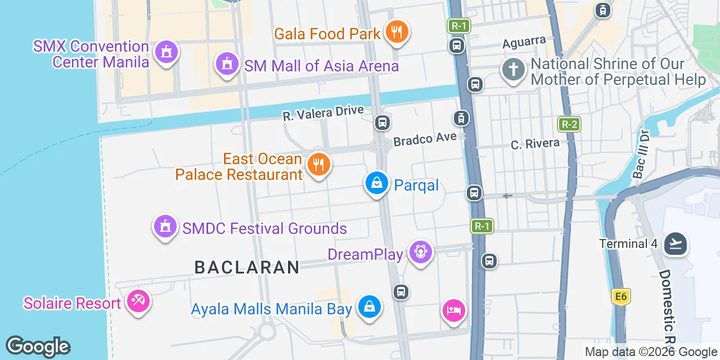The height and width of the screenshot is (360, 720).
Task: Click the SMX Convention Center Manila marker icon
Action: click(x=165, y=53)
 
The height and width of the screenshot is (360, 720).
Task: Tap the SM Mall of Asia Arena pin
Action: click(x=227, y=64)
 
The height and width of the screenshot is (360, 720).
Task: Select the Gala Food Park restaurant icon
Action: click(x=397, y=31)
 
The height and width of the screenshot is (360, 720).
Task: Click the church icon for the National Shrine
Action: click(x=513, y=70)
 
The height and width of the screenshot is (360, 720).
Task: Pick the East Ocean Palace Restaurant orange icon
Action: click(x=319, y=165)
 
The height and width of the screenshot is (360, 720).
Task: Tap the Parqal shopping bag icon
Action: click(x=376, y=183)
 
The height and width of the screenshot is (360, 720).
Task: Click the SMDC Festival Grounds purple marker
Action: click(x=165, y=227)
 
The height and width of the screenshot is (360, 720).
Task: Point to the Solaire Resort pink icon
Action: click(x=138, y=301)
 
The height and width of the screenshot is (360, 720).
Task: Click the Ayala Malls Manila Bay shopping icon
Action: click(x=368, y=307)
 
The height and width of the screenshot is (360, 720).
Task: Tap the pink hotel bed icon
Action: click(x=454, y=310)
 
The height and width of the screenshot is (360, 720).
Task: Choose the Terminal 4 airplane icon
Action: click(x=676, y=244)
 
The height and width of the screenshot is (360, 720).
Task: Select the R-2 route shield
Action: click(x=569, y=124)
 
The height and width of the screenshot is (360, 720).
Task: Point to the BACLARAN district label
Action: click(x=247, y=267)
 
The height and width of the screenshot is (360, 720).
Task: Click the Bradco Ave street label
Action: click(x=425, y=139)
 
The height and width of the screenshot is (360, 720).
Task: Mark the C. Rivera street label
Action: click(x=535, y=144)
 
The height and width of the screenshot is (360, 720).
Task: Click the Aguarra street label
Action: click(x=524, y=42)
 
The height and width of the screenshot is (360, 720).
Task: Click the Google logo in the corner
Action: click(x=38, y=346)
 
